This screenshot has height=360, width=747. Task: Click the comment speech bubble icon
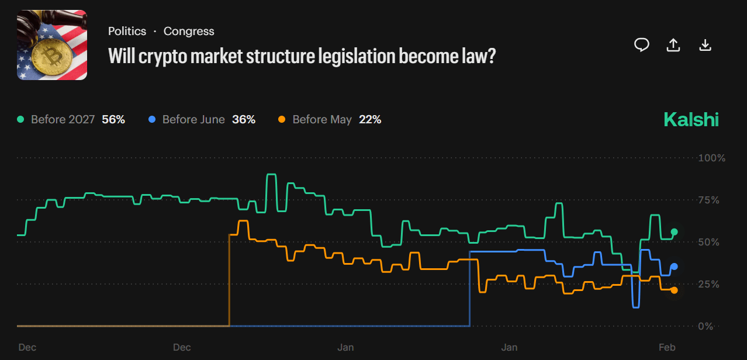pyautogui.click(x=642, y=45)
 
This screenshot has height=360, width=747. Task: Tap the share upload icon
pyautogui.click(x=673, y=45)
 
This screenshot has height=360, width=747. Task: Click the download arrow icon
pyautogui.click(x=705, y=45)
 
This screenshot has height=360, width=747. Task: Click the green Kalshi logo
pyautogui.click(x=691, y=120)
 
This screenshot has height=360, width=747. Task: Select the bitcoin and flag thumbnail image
pyautogui.click(x=52, y=45)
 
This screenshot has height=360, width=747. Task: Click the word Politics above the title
pyautogui.click(x=127, y=32)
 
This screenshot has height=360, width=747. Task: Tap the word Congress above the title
pyautogui.click(x=189, y=32)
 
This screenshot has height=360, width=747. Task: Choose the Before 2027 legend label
pyautogui.click(x=63, y=120)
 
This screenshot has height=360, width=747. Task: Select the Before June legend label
pyautogui.click(x=193, y=120)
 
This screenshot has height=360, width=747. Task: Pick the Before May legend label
pyautogui.click(x=322, y=120)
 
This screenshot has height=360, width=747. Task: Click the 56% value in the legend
pyautogui.click(x=113, y=120)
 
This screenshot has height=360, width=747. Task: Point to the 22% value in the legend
pyautogui.click(x=369, y=120)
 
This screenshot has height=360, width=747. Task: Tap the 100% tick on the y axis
pyautogui.click(x=712, y=158)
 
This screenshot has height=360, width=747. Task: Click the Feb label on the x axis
pyautogui.click(x=667, y=348)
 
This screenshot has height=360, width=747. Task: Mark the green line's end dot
pyautogui.click(x=675, y=232)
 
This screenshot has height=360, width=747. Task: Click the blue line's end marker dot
pyautogui.click(x=675, y=266)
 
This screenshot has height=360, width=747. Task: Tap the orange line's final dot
pyautogui.click(x=675, y=290)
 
